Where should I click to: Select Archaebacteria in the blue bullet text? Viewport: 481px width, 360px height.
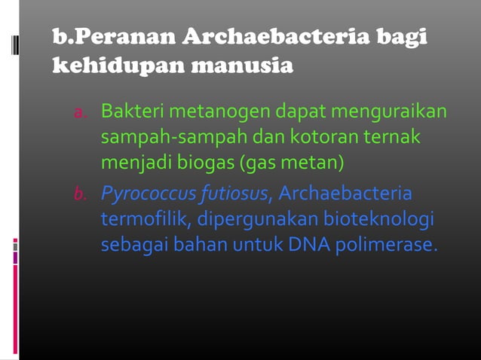coord(345,196)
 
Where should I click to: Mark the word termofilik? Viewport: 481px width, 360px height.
coord(145,221)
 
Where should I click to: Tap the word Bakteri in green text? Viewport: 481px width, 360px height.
coord(132,113)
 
